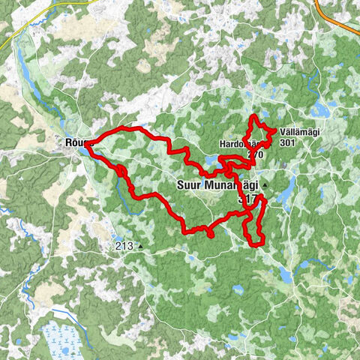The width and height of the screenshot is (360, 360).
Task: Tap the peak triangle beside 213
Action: click(140, 245)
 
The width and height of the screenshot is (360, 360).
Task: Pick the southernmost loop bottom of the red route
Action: click(256, 244)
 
